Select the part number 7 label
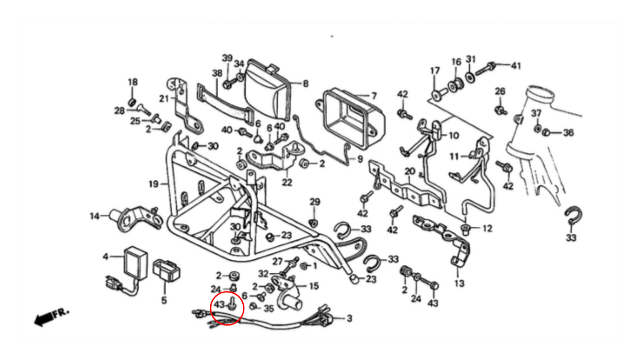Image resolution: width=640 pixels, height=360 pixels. pos(374,96)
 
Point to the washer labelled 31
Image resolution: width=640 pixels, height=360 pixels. pos(470,75)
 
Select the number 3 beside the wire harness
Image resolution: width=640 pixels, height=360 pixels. pos(349,318)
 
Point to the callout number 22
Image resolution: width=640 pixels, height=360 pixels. pos(288,182)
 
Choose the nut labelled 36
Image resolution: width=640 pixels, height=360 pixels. pos(548,132)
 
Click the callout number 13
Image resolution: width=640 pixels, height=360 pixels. pos(460,283)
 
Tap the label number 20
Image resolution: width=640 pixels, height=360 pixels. pos(410,172)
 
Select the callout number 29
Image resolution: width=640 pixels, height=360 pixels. pos(315,202)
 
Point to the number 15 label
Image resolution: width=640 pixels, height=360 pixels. pos(314,286)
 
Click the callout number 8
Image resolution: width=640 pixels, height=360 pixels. pos(305,83)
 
